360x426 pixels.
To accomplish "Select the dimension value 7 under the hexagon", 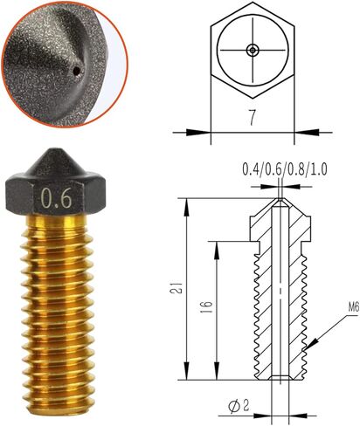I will (251, 119).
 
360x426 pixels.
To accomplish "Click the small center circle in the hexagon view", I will (252, 51).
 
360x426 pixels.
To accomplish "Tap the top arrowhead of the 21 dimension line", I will (186, 200).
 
